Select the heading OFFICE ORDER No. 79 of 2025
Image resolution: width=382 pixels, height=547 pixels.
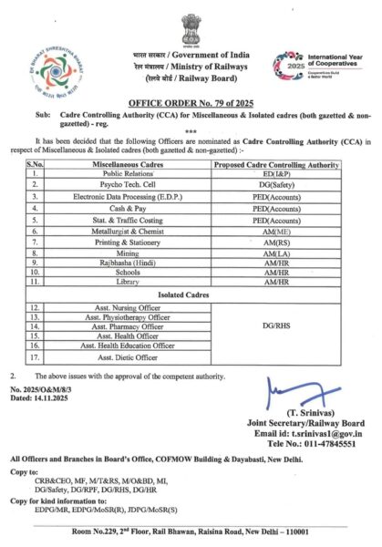tap(191, 106)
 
